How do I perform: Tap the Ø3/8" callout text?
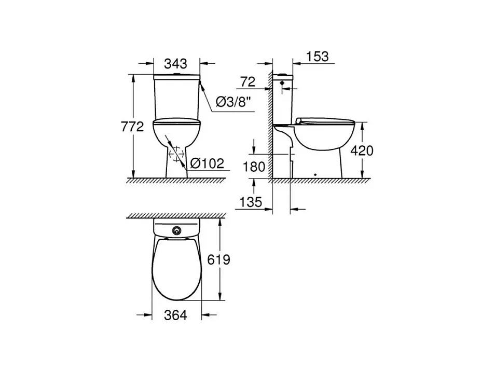(x=233, y=102)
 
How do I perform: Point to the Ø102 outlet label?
(x=208, y=163)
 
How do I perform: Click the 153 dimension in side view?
(x=317, y=57)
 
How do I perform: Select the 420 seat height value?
(x=362, y=150)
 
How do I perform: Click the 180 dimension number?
(x=254, y=167)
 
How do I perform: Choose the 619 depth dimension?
(x=218, y=259)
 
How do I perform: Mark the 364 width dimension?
(x=175, y=314)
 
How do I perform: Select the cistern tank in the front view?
(x=176, y=99)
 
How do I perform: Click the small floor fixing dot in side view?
(x=316, y=173)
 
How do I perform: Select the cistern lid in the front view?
(x=176, y=77)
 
